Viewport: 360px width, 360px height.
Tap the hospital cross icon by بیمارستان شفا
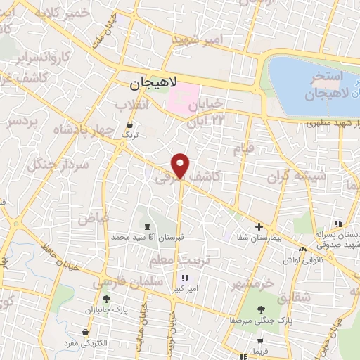click(x=259, y=226)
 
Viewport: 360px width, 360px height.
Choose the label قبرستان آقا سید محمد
click(x=147, y=238)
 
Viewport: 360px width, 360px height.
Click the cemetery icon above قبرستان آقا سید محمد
click(x=147, y=226)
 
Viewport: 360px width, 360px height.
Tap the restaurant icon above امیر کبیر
click(x=185, y=277)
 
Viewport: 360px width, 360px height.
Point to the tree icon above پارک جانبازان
click(x=105, y=299)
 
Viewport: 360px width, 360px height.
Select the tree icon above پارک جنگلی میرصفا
click(x=261, y=309)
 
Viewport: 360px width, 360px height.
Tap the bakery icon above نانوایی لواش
click(x=302, y=249)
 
